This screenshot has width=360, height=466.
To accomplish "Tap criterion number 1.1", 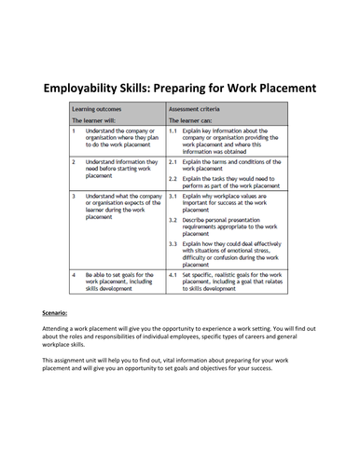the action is click(x=173, y=132).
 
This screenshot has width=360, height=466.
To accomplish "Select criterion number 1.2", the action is click(x=173, y=161).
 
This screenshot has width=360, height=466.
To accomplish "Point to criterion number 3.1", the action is click(x=173, y=198).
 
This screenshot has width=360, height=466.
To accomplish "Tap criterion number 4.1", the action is click(x=173, y=277).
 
